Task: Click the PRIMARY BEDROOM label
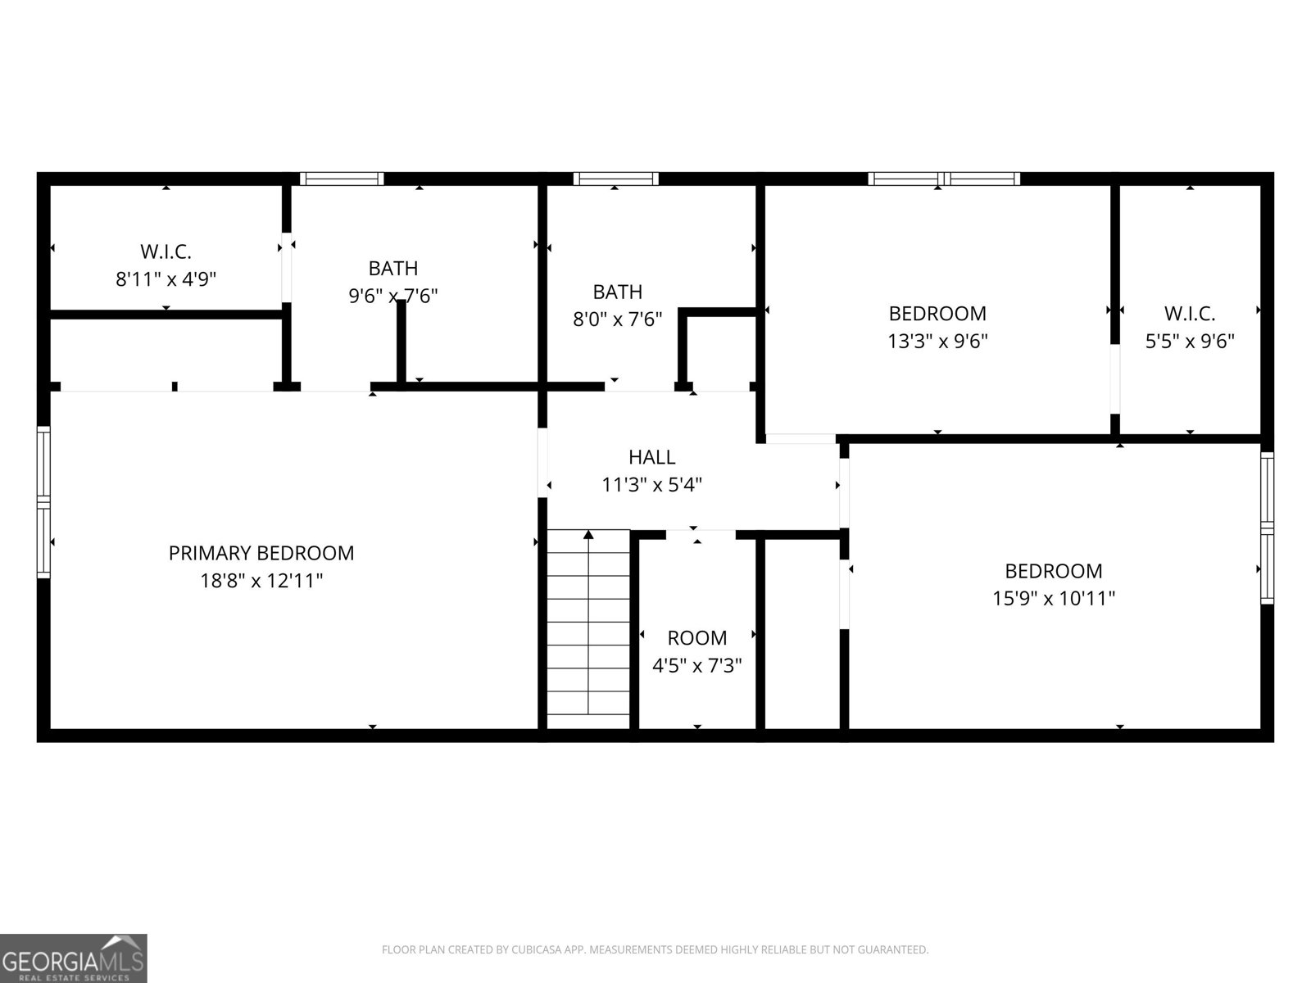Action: pyautogui.click(x=261, y=553)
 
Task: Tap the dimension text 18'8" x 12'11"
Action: pyautogui.click(x=261, y=581)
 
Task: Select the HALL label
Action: pyautogui.click(x=651, y=457)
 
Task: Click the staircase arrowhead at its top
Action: pyautogui.click(x=588, y=535)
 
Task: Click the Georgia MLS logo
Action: pyautogui.click(x=74, y=958)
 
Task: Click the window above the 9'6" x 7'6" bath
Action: pyautogui.click(x=341, y=179)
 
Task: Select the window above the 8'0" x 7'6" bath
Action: pyautogui.click(x=615, y=179)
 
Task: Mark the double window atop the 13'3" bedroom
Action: pyautogui.click(x=944, y=179)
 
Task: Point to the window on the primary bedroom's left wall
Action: pyautogui.click(x=43, y=501)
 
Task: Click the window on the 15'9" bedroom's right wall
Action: pyautogui.click(x=1267, y=528)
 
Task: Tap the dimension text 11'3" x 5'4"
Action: pyautogui.click(x=651, y=485)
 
